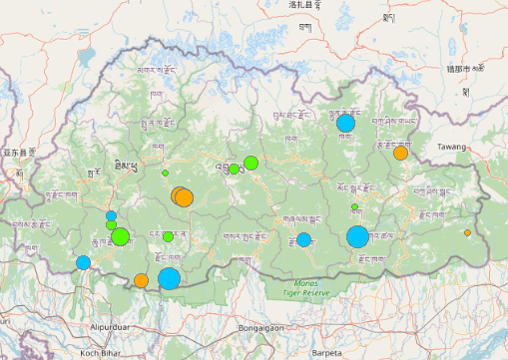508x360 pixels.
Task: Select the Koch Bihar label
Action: pyautogui.click(x=102, y=352)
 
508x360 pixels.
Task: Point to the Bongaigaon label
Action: pyautogui.click(x=261, y=326)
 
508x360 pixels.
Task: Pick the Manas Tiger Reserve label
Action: pyautogui.click(x=305, y=290)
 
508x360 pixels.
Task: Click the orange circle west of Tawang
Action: pyautogui.click(x=400, y=153)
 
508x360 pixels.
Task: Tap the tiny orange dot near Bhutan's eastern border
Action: pyautogui.click(x=467, y=232)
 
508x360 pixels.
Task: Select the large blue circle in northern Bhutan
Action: pyautogui.click(x=345, y=124)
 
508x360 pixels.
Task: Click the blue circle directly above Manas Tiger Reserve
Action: pyautogui.click(x=303, y=239)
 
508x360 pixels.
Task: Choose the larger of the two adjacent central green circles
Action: pyautogui.click(x=251, y=163)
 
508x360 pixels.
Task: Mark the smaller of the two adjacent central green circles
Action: pyautogui.click(x=234, y=169)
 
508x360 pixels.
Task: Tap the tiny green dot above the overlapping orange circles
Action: pyautogui.click(x=166, y=174)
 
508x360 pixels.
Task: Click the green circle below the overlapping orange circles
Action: pyautogui.click(x=168, y=236)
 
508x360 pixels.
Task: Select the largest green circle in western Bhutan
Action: pyautogui.click(x=120, y=236)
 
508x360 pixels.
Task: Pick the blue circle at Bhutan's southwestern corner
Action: pyautogui.click(x=83, y=262)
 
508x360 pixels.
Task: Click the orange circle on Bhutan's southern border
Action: pyautogui.click(x=142, y=280)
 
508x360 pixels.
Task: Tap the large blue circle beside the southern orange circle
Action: pyautogui.click(x=169, y=277)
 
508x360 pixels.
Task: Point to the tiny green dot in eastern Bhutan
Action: pyautogui.click(x=354, y=206)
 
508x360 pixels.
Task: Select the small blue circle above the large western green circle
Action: pyautogui.click(x=111, y=215)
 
